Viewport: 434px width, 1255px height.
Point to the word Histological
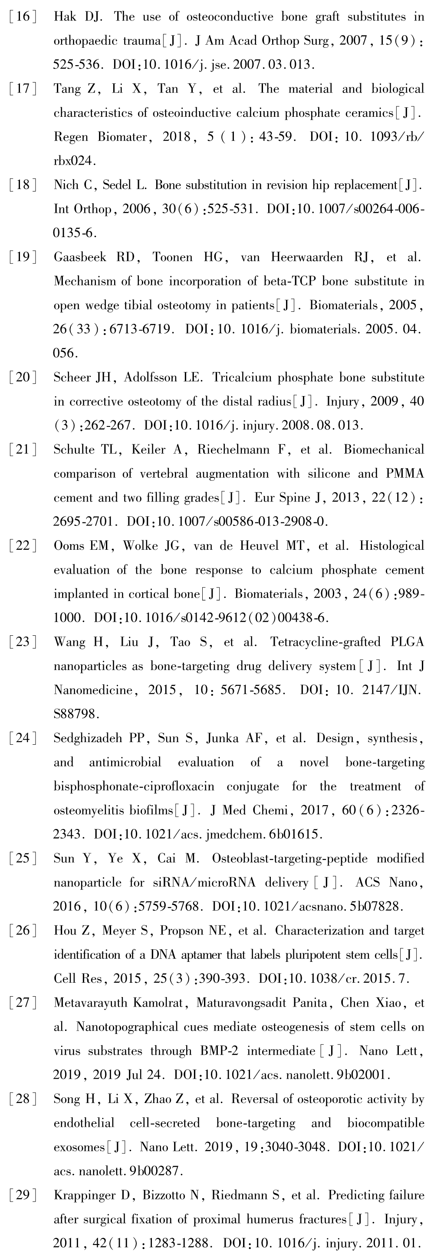click(391, 546)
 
